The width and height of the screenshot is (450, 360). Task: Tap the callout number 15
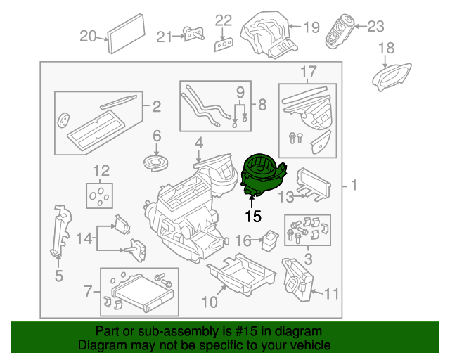[252, 215]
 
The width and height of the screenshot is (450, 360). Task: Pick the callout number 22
[223, 20]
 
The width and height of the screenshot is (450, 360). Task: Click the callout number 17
[309, 72]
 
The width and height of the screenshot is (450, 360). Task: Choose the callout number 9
[240, 91]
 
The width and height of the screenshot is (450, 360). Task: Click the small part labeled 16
[269, 240]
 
